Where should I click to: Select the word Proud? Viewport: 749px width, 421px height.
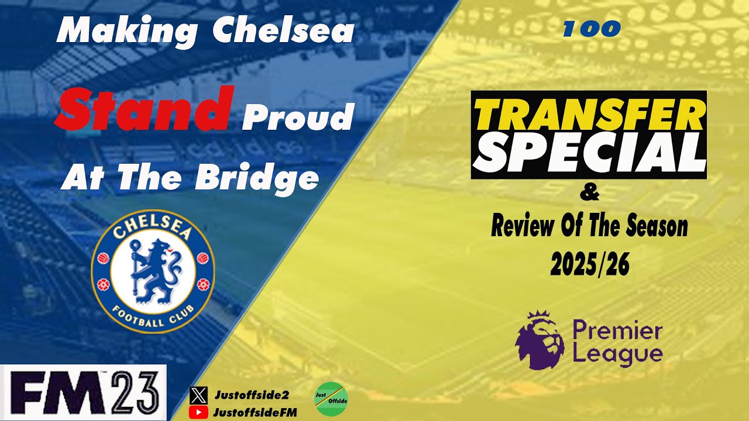(298, 119)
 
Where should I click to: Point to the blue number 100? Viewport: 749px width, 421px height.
(591, 29)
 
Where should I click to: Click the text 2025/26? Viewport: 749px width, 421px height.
(589, 265)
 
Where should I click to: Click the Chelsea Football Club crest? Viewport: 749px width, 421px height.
(153, 271)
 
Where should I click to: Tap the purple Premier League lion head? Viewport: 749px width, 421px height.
(539, 340)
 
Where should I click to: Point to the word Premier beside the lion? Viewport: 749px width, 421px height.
(617, 332)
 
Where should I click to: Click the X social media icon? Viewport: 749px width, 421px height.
(199, 396)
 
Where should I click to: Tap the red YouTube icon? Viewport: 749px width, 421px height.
(199, 412)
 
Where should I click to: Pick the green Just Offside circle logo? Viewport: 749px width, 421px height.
(331, 399)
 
